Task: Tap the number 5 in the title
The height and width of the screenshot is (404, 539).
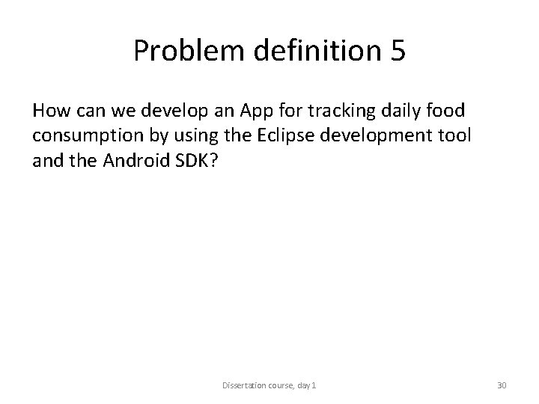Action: pos(397,51)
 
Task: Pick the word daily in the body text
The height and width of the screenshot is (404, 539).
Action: pos(405,111)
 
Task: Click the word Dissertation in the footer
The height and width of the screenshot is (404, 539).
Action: pos(242,386)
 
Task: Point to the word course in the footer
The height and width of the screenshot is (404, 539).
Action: pos(283,386)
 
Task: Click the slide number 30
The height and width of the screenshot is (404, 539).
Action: pos(502,386)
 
